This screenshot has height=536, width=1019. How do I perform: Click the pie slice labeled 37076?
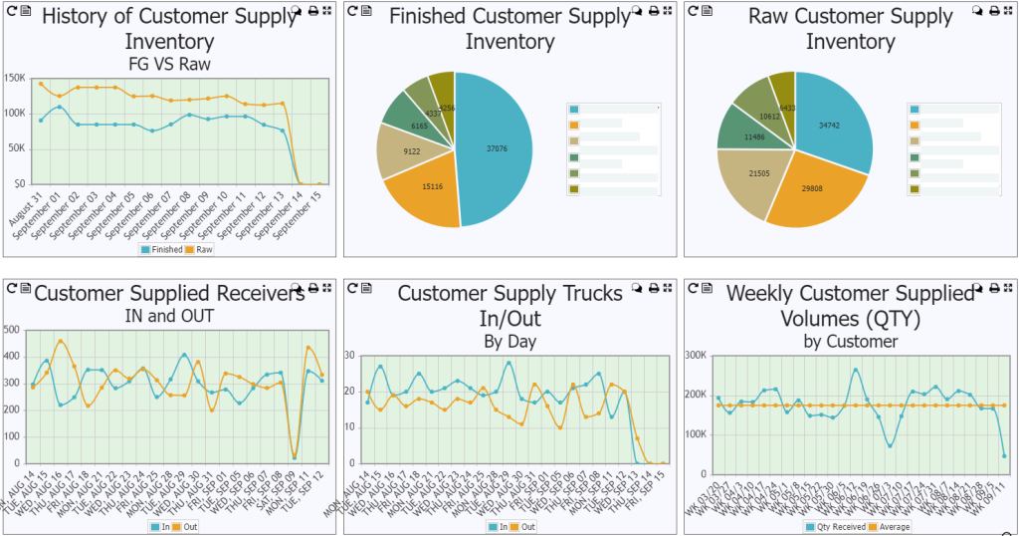point(498,149)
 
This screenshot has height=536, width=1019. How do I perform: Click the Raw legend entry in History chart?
point(201,249)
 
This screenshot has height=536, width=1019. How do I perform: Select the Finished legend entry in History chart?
point(162,249)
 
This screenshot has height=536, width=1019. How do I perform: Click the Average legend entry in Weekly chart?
point(886,526)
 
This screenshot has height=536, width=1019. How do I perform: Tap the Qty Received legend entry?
point(832,526)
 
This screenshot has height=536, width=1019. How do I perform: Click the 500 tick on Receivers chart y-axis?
point(13,328)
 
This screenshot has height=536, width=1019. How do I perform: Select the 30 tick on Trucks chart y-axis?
point(349,355)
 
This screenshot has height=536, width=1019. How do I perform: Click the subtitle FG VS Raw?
point(169,63)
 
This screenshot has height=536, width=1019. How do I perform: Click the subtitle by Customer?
point(851,341)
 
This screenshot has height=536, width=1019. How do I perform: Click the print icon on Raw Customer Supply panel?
point(993,10)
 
